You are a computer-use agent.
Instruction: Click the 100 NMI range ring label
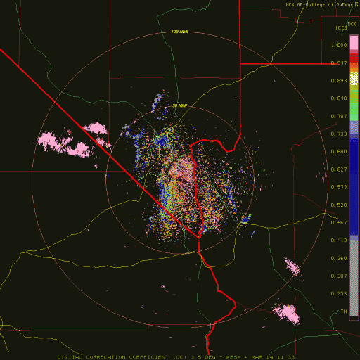(x=180, y=32)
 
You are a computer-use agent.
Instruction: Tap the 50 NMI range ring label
(x=180, y=105)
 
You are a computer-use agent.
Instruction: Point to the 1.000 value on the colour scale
(x=340, y=44)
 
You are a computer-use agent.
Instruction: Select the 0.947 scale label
(x=340, y=63)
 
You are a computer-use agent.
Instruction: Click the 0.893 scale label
(x=340, y=81)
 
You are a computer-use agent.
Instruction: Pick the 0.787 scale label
(x=340, y=116)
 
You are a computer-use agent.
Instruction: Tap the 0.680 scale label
(x=340, y=151)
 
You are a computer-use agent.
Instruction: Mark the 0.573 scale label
(x=340, y=188)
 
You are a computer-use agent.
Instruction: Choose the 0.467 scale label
(x=340, y=223)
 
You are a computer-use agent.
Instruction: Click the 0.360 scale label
(x=340, y=258)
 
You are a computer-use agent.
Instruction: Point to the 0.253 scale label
(x=340, y=294)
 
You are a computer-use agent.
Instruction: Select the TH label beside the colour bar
(x=343, y=311)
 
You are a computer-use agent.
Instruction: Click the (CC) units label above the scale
(x=341, y=27)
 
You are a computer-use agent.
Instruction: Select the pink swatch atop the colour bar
(x=354, y=44)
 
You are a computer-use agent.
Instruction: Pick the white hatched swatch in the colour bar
(x=354, y=81)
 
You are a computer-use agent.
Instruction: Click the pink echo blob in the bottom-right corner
(x=287, y=311)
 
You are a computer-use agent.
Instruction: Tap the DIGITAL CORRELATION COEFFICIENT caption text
(x=127, y=356)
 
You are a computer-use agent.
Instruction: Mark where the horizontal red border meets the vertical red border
(x=240, y=63)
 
